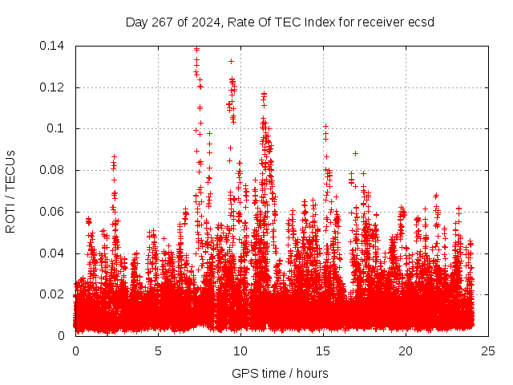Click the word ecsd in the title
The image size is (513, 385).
420,22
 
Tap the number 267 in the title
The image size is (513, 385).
162,22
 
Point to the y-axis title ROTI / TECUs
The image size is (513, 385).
10,191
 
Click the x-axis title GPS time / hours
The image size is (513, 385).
280,373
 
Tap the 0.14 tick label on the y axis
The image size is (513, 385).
52,46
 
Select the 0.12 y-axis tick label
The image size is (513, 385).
52,87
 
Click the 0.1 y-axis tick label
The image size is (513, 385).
55,128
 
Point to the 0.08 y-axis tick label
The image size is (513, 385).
52,170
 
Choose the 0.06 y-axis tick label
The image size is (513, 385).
52,212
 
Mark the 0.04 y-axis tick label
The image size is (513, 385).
52,253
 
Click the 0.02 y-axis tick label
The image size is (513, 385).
52,294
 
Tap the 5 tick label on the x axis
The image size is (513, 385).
158,351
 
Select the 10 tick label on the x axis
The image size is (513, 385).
240,351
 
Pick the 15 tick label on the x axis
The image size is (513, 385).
323,351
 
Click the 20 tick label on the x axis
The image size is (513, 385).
406,351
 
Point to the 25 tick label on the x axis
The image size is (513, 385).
488,351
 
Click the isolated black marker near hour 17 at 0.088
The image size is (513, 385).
355,153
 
